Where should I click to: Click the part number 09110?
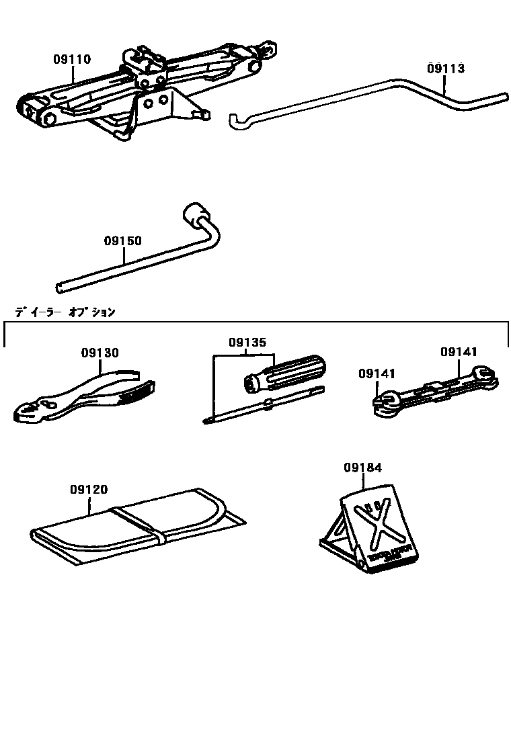(x=73, y=59)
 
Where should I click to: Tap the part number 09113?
(x=445, y=68)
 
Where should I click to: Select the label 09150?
(x=123, y=240)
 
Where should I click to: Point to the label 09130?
(x=100, y=353)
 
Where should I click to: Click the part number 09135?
(x=247, y=343)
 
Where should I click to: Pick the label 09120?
(x=88, y=490)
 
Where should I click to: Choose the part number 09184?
(x=363, y=468)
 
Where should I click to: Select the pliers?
(x=87, y=400)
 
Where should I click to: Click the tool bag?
(x=134, y=524)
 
